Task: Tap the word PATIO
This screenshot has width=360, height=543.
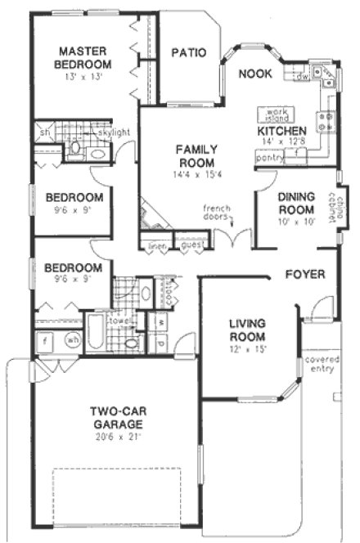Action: click(187, 53)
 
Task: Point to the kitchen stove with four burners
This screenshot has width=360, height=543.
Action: click(326, 121)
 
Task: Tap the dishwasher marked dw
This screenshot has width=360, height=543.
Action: click(303, 75)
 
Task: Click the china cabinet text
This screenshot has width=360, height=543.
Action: click(338, 199)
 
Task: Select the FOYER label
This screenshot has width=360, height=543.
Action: click(305, 273)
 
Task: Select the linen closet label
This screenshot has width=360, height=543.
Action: click(154, 245)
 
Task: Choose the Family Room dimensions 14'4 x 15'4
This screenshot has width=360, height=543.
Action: click(197, 173)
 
